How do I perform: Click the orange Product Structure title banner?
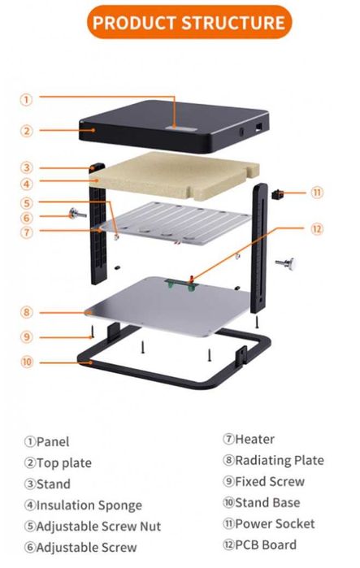click(189, 22)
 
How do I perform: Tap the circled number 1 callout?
click(26, 99)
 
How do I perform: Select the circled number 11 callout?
click(317, 192)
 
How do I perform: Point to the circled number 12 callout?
click(317, 229)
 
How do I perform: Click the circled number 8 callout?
click(26, 312)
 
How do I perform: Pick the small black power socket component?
click(276, 193)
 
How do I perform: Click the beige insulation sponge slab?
click(175, 176)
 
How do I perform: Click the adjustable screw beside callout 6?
click(77, 214)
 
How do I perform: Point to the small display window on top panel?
click(181, 129)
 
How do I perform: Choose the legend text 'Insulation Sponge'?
click(89, 505)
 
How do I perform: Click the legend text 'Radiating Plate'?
click(280, 460)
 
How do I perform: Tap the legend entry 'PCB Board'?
click(266, 544)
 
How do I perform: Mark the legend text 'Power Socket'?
click(275, 523)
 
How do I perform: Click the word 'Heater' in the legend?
click(254, 439)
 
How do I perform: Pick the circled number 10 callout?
click(26, 362)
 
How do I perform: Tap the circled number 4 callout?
click(26, 184)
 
